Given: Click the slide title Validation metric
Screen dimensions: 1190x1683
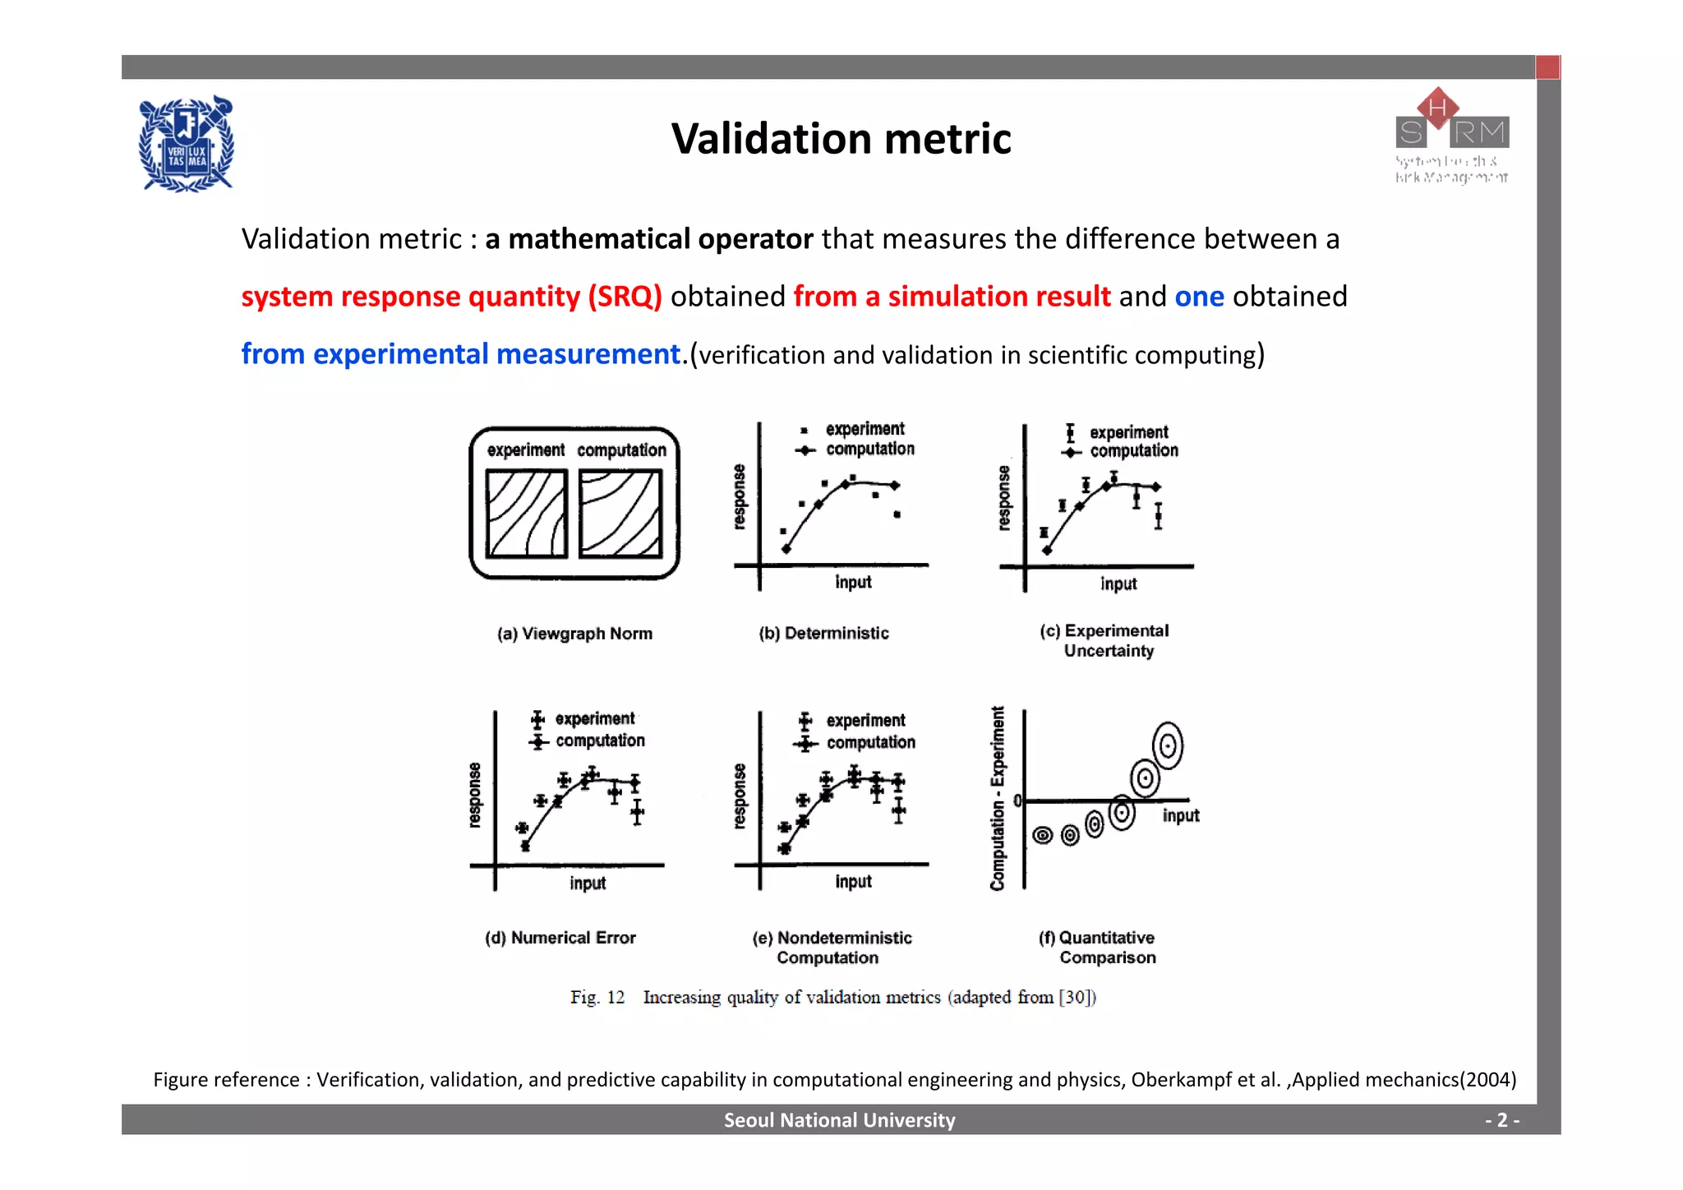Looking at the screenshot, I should point(841,138).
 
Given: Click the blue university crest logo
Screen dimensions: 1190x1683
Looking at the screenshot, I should point(187,145).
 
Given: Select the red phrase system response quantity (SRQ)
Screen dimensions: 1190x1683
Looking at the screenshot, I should point(451,297).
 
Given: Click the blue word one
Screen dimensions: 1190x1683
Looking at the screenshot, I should point(1199,297).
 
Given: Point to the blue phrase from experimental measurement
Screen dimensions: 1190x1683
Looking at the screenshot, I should point(461,354).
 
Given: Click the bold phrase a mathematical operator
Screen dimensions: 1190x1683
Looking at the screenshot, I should point(648,239).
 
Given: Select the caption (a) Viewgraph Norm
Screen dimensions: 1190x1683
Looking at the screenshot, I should point(574,634).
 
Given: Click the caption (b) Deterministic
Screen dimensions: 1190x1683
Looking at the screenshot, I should point(823,633).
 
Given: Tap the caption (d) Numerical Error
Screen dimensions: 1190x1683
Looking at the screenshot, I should point(560,938).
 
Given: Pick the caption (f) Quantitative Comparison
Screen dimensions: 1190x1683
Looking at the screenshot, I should point(1097,948).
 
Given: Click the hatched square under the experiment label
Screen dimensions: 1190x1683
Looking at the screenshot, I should point(526,514).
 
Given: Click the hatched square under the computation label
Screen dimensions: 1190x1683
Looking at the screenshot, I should point(620,514).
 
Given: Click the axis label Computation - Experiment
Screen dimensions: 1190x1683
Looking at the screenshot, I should point(998,798).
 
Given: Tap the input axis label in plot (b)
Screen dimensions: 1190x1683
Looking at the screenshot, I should point(853,582).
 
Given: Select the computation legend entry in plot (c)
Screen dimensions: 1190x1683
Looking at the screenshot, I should point(1132,451).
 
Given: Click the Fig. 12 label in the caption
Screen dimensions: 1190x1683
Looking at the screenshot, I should point(597,997).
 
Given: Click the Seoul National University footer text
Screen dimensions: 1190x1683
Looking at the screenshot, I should point(839,1120).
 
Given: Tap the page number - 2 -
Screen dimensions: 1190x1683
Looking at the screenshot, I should point(1501,1120).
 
